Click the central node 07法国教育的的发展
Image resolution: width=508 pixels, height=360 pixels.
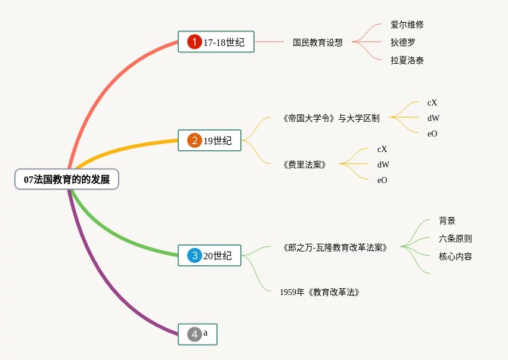coord(67,179)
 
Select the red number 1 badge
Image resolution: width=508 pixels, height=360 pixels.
coord(194,42)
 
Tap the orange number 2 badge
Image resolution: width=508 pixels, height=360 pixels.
coord(194,141)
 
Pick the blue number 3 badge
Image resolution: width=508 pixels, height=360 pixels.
coord(194,256)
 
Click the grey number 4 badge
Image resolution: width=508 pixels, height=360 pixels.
coord(194,334)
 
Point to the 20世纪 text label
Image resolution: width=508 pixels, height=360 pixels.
coord(217,256)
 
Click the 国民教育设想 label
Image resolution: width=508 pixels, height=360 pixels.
coord(317,42)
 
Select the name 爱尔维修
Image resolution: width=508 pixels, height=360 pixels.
coord(407,25)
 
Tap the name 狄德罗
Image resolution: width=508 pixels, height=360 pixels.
coord(403,42)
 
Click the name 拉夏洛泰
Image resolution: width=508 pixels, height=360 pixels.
coord(407,60)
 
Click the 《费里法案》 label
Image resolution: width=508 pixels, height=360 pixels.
coord(304,165)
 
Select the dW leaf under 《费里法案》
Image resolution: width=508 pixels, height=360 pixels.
coord(383,165)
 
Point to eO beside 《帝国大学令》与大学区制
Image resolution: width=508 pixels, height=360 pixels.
coord(432,134)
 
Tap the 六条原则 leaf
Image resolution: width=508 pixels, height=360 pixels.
coord(455,238)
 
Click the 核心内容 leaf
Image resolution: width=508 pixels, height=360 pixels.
coord(455,256)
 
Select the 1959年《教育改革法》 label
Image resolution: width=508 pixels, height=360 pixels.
coord(319,292)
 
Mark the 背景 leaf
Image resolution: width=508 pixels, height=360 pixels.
coord(447,221)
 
